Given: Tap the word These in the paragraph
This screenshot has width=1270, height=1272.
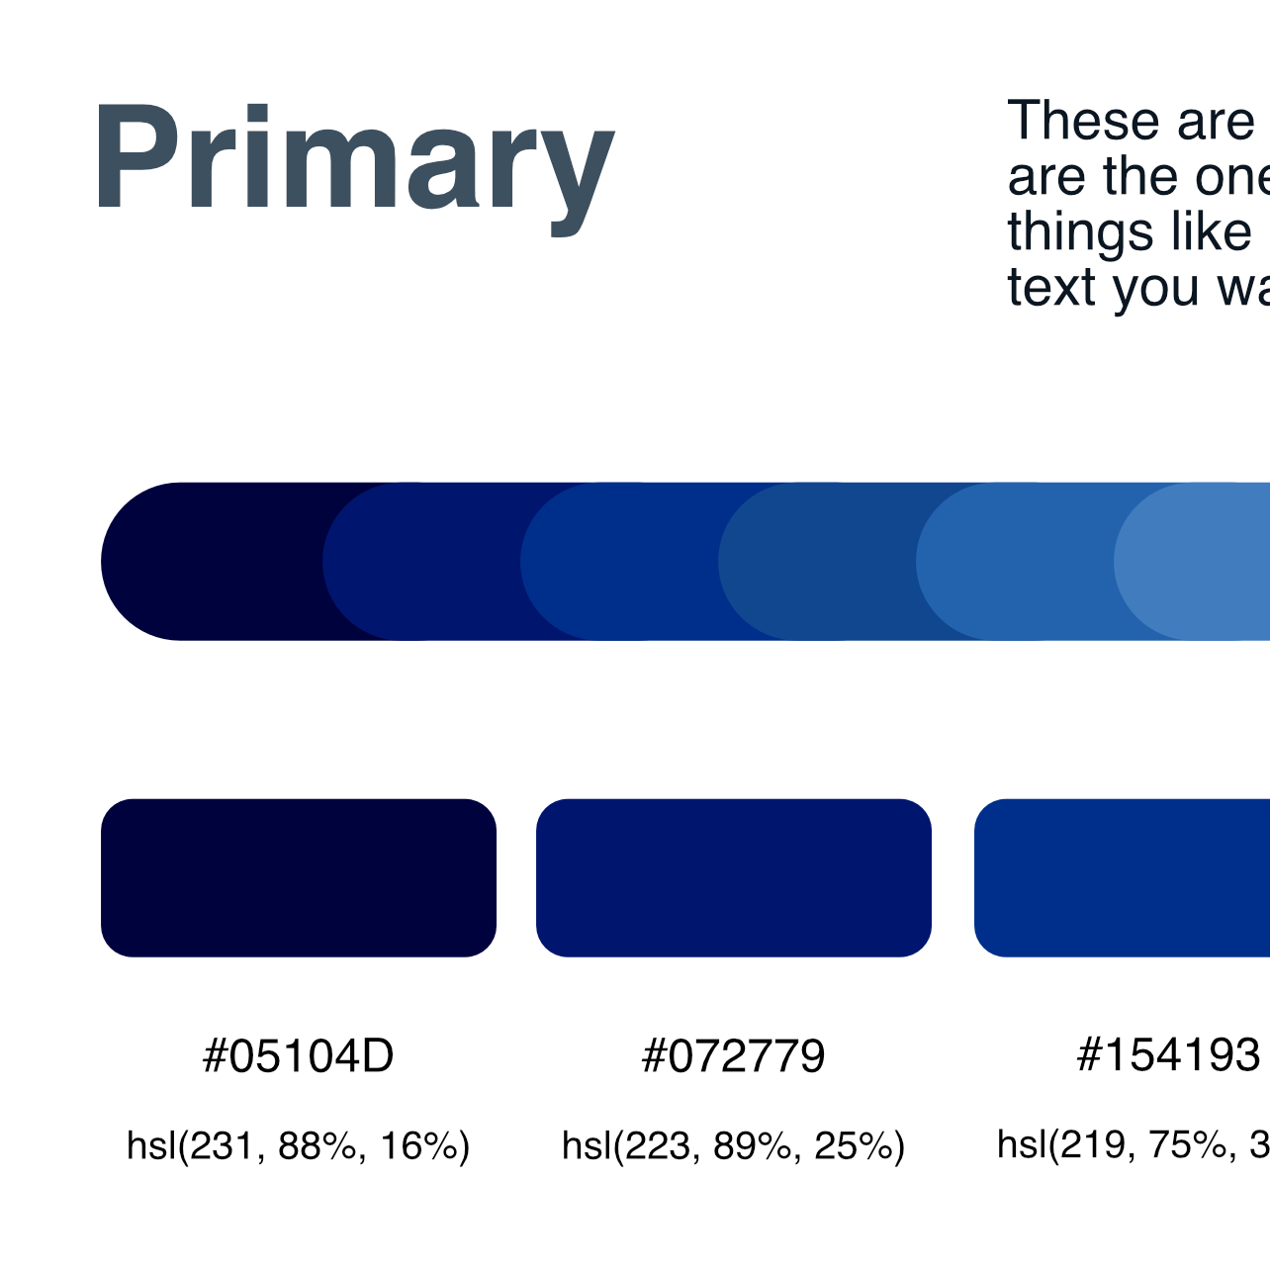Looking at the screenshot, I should [x=1081, y=122].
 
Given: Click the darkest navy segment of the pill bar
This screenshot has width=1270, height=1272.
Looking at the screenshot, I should [x=213, y=562].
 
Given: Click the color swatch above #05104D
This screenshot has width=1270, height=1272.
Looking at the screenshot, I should [x=299, y=877].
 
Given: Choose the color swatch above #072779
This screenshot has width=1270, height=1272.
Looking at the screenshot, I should [x=734, y=877].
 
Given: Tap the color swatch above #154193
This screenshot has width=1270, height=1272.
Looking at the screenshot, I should [x=1122, y=877].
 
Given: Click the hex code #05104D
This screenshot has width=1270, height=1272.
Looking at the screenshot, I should [x=298, y=1056].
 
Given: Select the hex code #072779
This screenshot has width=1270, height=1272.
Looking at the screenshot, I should [x=733, y=1056].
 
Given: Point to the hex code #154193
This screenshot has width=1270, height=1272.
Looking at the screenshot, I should [x=1168, y=1054].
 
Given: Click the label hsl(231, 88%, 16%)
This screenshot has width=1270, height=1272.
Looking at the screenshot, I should [x=298, y=1145].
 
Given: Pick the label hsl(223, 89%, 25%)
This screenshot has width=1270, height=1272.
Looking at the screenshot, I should [x=733, y=1145].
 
